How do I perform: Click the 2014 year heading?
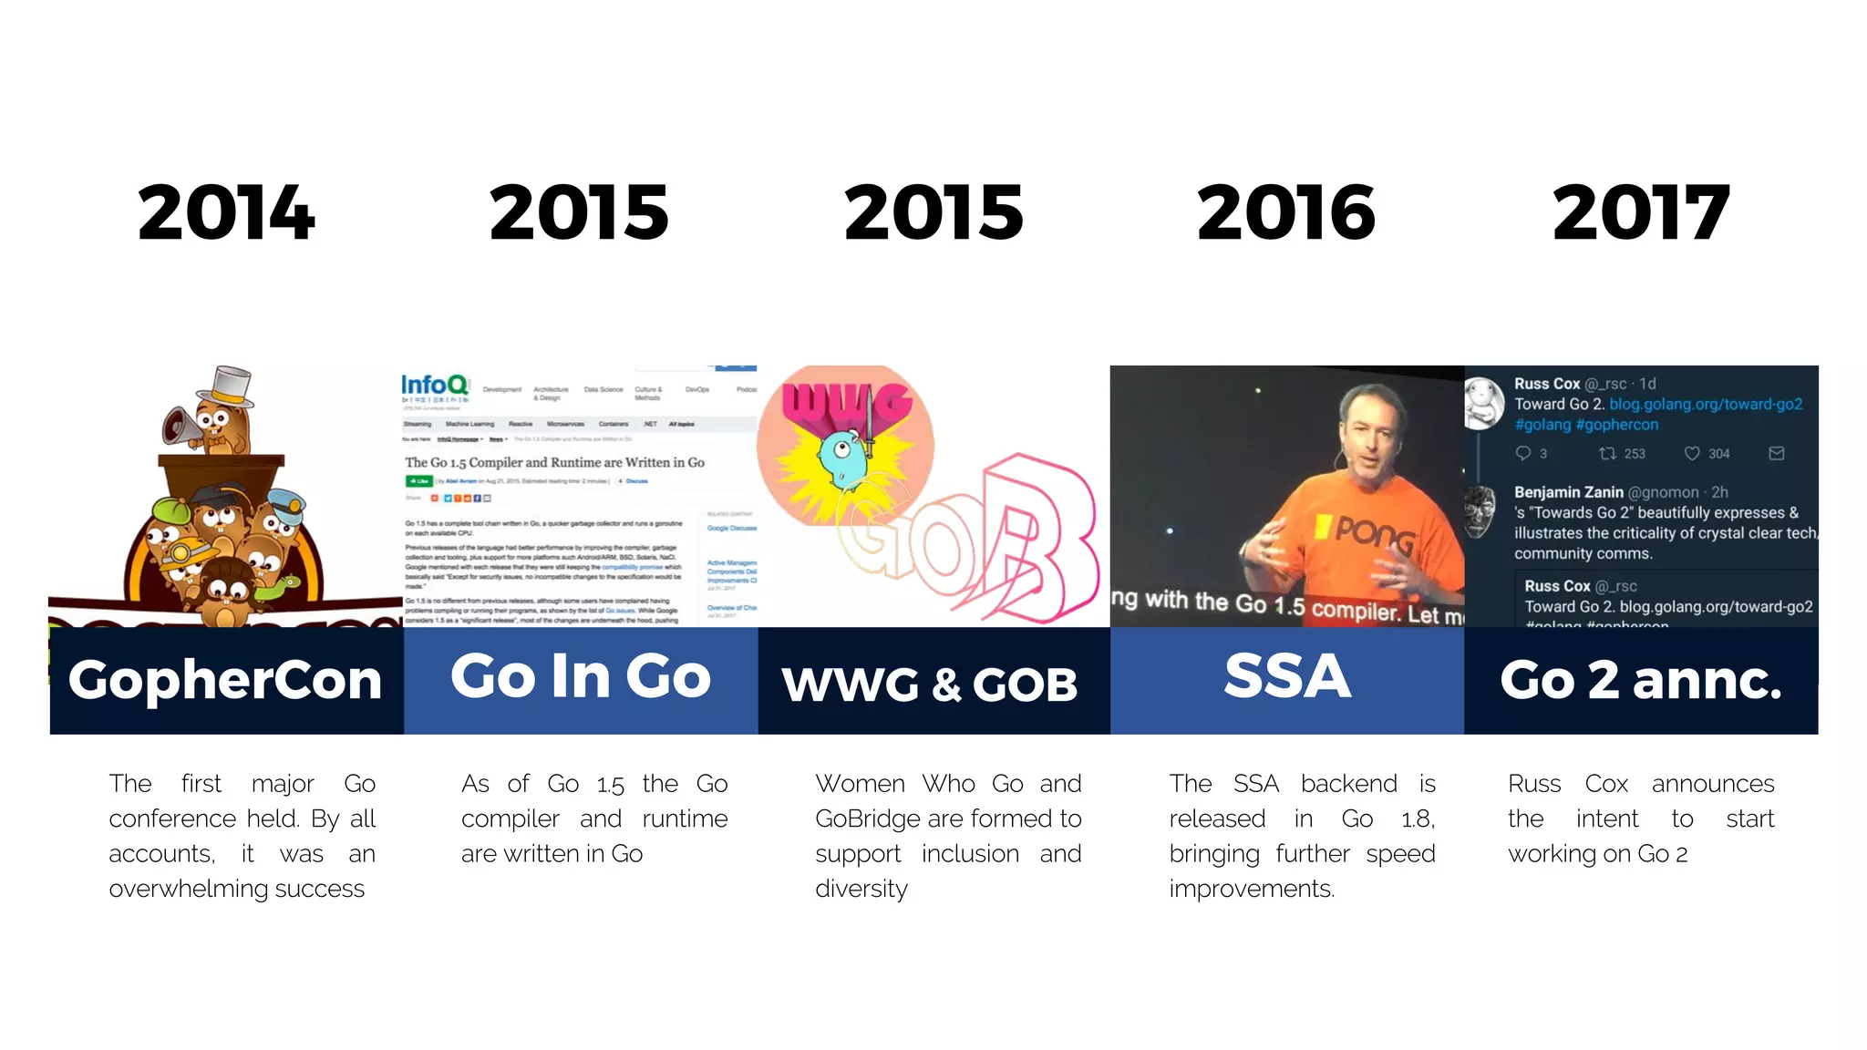[226, 212]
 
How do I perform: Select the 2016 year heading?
[1285, 212]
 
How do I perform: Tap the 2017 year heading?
[1640, 212]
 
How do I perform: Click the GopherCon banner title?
[225, 680]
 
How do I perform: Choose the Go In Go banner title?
[581, 676]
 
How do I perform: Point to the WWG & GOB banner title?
[930, 685]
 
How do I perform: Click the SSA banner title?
[1287, 676]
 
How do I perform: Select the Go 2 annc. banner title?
[1641, 680]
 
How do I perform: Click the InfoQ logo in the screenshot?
[435, 386]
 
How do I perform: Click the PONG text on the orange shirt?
[1373, 536]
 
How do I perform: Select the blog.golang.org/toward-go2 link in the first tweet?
[1706, 404]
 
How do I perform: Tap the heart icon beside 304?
[1692, 454]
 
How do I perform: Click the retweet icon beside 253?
[1607, 454]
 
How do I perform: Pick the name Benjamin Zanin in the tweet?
[1568, 492]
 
